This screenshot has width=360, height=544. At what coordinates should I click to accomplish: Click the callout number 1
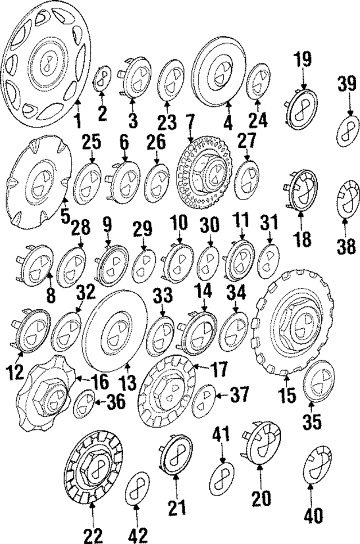[x=78, y=121]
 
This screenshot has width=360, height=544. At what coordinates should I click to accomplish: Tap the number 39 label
[x=347, y=84]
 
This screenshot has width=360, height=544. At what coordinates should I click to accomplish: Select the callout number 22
[x=93, y=536]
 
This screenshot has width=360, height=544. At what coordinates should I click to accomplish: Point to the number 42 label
[x=137, y=536]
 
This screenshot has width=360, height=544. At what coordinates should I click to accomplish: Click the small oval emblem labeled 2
[x=102, y=78]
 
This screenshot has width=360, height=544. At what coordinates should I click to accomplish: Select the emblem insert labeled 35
[x=319, y=381]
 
